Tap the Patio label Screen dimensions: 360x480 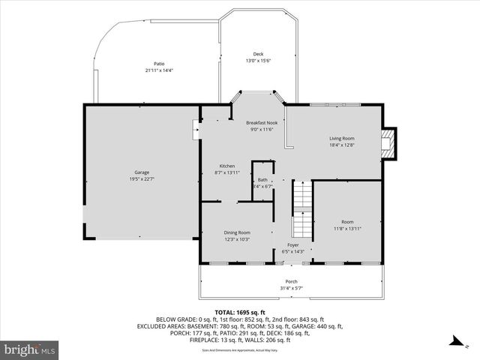[x=159, y=64]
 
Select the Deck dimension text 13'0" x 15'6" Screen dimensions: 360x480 [x=258, y=61]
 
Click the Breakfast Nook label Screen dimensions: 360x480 [x=261, y=122]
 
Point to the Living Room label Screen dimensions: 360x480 [x=342, y=138]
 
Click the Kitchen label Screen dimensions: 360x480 [x=227, y=166]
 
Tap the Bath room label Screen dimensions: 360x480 [x=262, y=180]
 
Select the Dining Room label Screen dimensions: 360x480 [x=237, y=232]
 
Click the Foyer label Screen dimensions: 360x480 [x=292, y=245]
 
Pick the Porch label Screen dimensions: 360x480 [x=291, y=282]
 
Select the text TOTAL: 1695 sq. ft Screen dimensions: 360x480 [x=240, y=312]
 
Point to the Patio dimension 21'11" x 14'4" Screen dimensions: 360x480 [x=159, y=70]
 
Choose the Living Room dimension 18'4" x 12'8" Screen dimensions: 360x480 [x=342, y=145]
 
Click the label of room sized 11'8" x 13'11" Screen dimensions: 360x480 [x=347, y=221]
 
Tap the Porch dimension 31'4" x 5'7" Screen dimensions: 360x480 [x=291, y=289]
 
